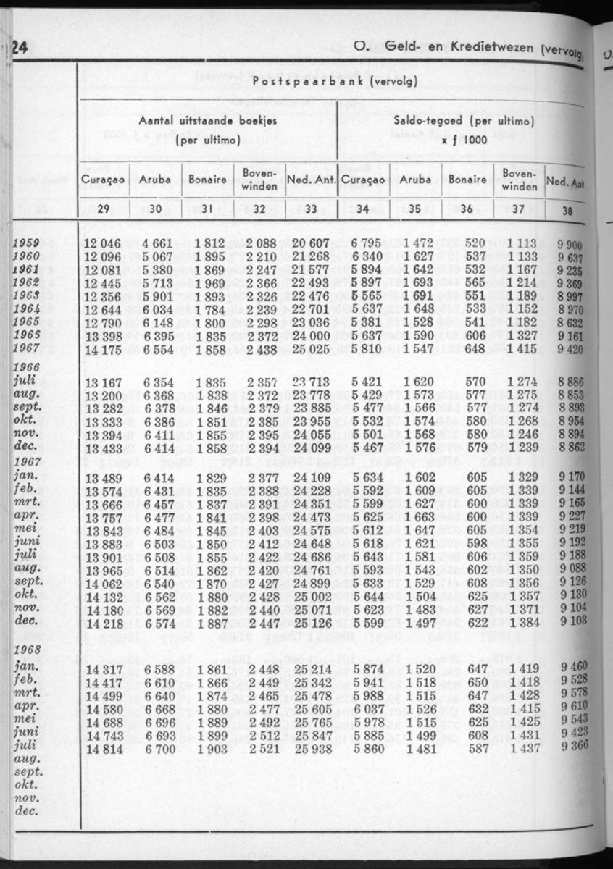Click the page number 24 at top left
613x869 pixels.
click(16, 48)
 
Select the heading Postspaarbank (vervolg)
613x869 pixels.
click(334, 82)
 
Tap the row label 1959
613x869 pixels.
click(27, 244)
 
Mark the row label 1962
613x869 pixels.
click(27, 282)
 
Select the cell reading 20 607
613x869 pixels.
click(309, 244)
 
